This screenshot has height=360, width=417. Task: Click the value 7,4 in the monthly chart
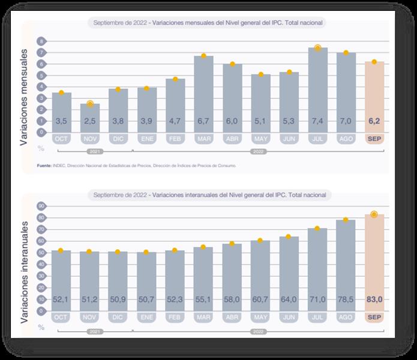pos(318,122)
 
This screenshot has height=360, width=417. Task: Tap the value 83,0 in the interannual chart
pos(374,299)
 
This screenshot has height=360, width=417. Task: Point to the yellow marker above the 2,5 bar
pos(90,104)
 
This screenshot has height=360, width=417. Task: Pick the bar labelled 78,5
pos(346,264)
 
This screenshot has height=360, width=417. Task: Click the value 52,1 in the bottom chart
pos(61,299)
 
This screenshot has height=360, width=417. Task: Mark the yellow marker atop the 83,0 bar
pos(374,214)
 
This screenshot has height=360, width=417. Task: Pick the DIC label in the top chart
pos(118,139)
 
